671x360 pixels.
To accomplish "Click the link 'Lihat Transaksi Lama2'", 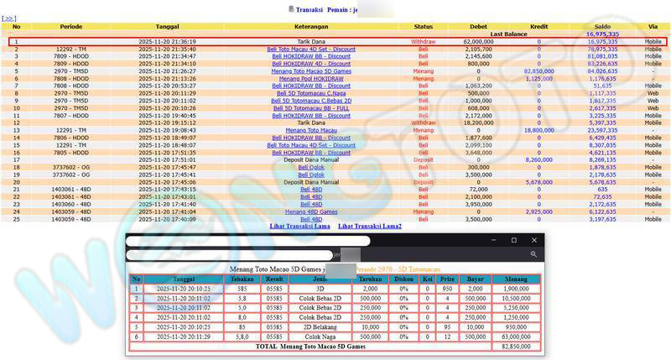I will pos(370,227).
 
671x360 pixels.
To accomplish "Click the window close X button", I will pos(534,240).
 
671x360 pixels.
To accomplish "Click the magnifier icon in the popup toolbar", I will pos(533,253).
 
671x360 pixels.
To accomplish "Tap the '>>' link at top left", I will pos(10,17).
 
